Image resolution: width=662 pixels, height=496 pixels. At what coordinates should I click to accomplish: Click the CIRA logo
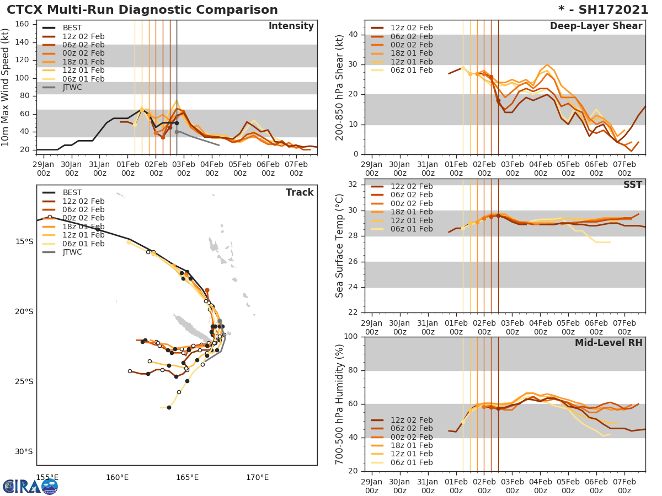click(x=30, y=486)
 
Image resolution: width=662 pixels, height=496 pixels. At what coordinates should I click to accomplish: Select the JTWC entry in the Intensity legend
click(x=72, y=87)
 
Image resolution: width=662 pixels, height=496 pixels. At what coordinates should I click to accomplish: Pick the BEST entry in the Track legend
click(x=72, y=192)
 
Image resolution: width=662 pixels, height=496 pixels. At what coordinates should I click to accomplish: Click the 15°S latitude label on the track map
click(x=24, y=241)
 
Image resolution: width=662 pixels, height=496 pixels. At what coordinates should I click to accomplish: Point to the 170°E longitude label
click(x=257, y=477)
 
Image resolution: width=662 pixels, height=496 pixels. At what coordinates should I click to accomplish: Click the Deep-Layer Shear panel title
click(x=596, y=26)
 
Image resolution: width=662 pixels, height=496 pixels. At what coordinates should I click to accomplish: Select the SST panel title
click(x=632, y=185)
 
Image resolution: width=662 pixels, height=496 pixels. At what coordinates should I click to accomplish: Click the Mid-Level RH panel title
click(x=608, y=343)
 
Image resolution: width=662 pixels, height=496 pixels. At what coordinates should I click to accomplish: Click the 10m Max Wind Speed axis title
click(x=6, y=88)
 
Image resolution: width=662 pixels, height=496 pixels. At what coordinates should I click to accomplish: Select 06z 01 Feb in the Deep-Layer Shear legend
click(x=412, y=70)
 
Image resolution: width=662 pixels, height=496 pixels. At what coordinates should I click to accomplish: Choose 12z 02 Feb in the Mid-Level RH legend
click(x=412, y=420)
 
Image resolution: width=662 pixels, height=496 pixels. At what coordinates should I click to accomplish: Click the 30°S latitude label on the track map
click(x=24, y=451)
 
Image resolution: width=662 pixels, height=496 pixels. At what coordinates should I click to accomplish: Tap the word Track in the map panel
click(x=300, y=192)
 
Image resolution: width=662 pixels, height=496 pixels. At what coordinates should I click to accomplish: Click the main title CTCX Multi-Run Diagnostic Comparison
click(x=142, y=10)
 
